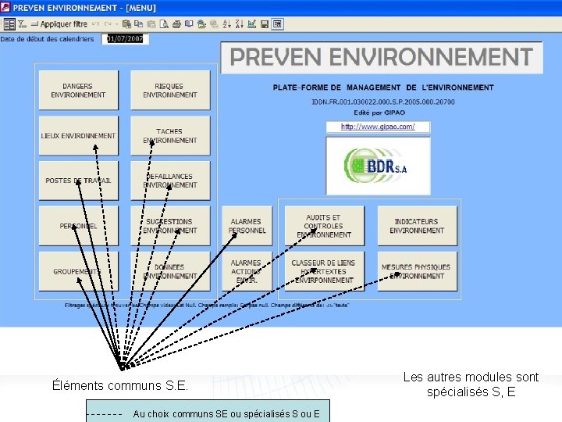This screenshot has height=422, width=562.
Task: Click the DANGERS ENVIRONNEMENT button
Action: pyautogui.click(x=78, y=91)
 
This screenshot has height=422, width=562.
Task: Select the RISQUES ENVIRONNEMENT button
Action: pyautogui.click(x=170, y=91)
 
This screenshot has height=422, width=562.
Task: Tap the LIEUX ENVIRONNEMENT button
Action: pyautogui.click(x=78, y=136)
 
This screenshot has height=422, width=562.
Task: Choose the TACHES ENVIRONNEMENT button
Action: pyautogui.click(x=170, y=136)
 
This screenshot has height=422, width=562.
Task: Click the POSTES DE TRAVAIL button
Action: pyautogui.click(x=78, y=181)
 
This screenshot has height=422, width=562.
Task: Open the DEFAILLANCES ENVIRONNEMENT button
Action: pyautogui.click(x=170, y=181)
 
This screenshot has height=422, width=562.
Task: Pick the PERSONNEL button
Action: pyautogui.click(x=78, y=226)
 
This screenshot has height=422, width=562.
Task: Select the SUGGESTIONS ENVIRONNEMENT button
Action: pyautogui.click(x=170, y=226)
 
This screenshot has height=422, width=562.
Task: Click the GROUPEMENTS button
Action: pyautogui.click(x=78, y=271)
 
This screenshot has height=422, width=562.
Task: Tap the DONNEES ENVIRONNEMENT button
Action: pyautogui.click(x=170, y=271)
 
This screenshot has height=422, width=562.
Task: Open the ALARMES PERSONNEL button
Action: pyautogui.click(x=247, y=226)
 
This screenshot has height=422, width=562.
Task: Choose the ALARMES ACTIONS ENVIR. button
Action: pyautogui.click(x=247, y=271)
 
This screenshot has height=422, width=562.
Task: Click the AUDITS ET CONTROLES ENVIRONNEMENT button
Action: pyautogui.click(x=323, y=226)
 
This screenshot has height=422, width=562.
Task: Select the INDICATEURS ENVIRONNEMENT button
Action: pyautogui.click(x=417, y=226)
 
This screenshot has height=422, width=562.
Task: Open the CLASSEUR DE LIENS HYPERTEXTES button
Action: pyautogui.click(x=323, y=271)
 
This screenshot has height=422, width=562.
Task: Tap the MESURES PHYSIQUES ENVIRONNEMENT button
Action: pyautogui.click(x=417, y=271)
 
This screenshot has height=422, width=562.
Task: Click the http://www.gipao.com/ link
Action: pyautogui.click(x=378, y=127)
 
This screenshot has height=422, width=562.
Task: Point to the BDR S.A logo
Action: pyautogui.click(x=378, y=166)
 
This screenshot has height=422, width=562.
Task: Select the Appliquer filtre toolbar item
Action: pyautogui.click(x=58, y=24)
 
